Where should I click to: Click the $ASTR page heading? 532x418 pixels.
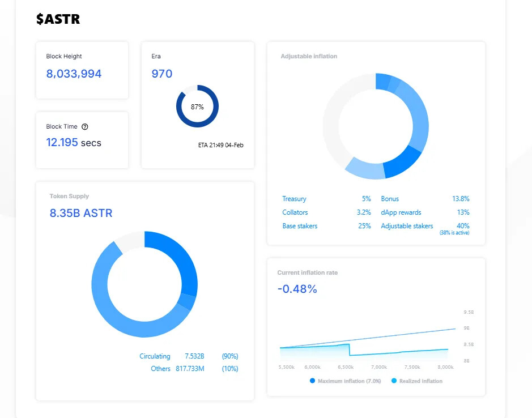pos(58,19)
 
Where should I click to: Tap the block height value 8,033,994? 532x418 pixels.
pos(74,74)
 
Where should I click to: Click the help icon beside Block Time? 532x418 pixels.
pos(85,127)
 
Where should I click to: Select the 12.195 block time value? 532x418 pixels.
pos(62,143)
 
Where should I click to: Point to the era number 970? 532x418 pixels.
pos(162,74)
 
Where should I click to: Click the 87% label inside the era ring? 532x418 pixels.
pos(197,106)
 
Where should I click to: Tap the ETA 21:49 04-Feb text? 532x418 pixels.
pos(221,146)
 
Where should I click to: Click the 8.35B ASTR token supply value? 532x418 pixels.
pos(81,214)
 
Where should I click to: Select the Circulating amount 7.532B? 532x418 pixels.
pos(194,356)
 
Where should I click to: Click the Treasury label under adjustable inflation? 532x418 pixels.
pos(294,199)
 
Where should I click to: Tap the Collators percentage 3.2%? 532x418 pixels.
pos(364,212)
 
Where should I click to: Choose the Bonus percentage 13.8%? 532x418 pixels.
pos(461,199)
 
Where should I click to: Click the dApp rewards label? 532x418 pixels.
pos(401,212)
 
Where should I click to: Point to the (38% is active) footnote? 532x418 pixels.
pos(454,233)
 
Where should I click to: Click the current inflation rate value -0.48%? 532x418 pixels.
pos(297,289)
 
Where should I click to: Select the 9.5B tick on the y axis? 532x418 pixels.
pos(468,313)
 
